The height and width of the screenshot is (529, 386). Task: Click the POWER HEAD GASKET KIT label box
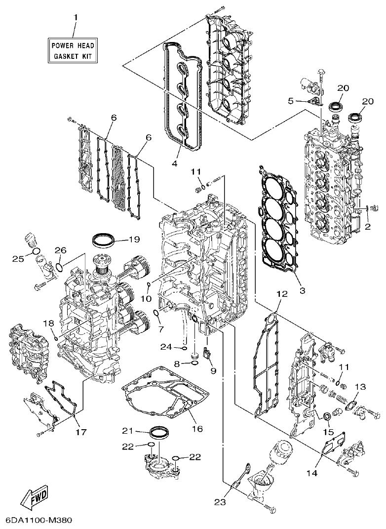tap(73, 51)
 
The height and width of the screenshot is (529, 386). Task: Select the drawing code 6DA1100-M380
tap(39, 521)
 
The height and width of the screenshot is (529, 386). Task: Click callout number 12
tap(281, 294)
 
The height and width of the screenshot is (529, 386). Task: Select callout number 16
tap(197, 429)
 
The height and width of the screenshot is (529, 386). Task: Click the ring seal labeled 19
tap(104, 242)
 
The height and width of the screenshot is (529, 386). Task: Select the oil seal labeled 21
tap(158, 433)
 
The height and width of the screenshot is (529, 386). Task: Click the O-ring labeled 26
tap(59, 267)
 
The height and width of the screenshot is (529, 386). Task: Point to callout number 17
tap(81, 432)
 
